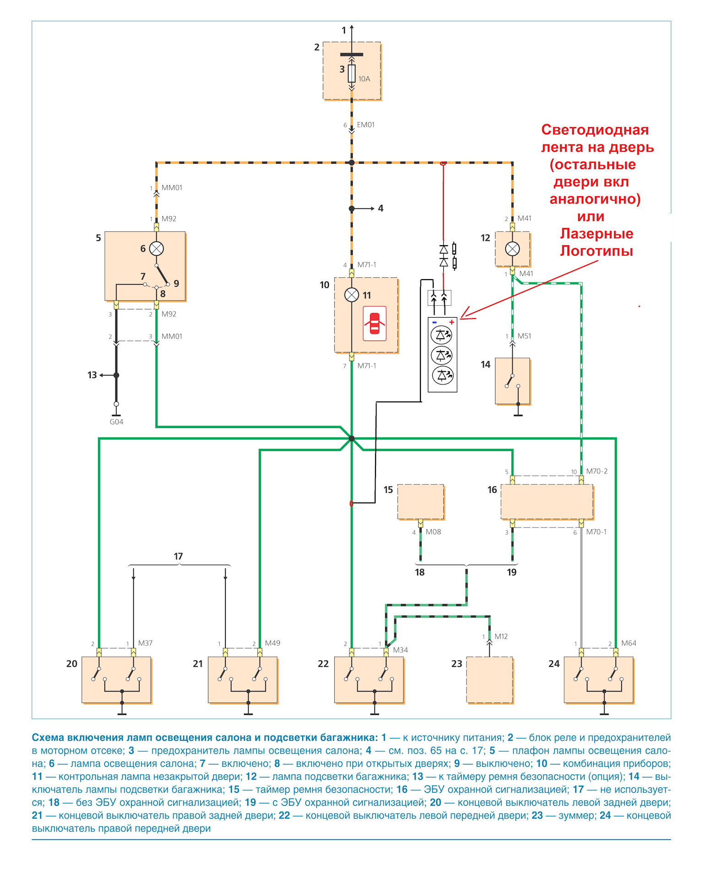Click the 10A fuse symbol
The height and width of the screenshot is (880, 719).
[x=352, y=73]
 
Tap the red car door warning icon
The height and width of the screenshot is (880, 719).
[x=375, y=324]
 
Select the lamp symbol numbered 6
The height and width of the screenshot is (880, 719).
[x=157, y=248]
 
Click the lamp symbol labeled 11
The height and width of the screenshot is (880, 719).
[x=352, y=295]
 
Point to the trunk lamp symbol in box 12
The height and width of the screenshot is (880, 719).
[x=512, y=249]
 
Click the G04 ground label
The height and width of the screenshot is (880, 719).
[x=116, y=422]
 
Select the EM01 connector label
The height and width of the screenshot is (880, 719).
[x=366, y=125]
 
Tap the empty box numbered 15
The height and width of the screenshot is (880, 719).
[x=421, y=502]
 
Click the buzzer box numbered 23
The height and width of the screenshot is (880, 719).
[x=490, y=680]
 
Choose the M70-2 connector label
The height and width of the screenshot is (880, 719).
[x=597, y=471]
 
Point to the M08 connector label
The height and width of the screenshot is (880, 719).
[x=433, y=532]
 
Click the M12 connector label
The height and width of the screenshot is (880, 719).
[x=501, y=636]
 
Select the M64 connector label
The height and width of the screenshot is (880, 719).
[x=629, y=643]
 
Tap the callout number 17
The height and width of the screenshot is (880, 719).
[x=178, y=556]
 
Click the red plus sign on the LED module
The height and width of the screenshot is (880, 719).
[x=452, y=322]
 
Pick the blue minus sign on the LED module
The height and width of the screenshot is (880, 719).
[x=435, y=322]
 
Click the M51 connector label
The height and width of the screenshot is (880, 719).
[x=524, y=336]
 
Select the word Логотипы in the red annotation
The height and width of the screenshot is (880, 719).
[x=597, y=251]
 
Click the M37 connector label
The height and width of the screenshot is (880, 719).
[x=145, y=643]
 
